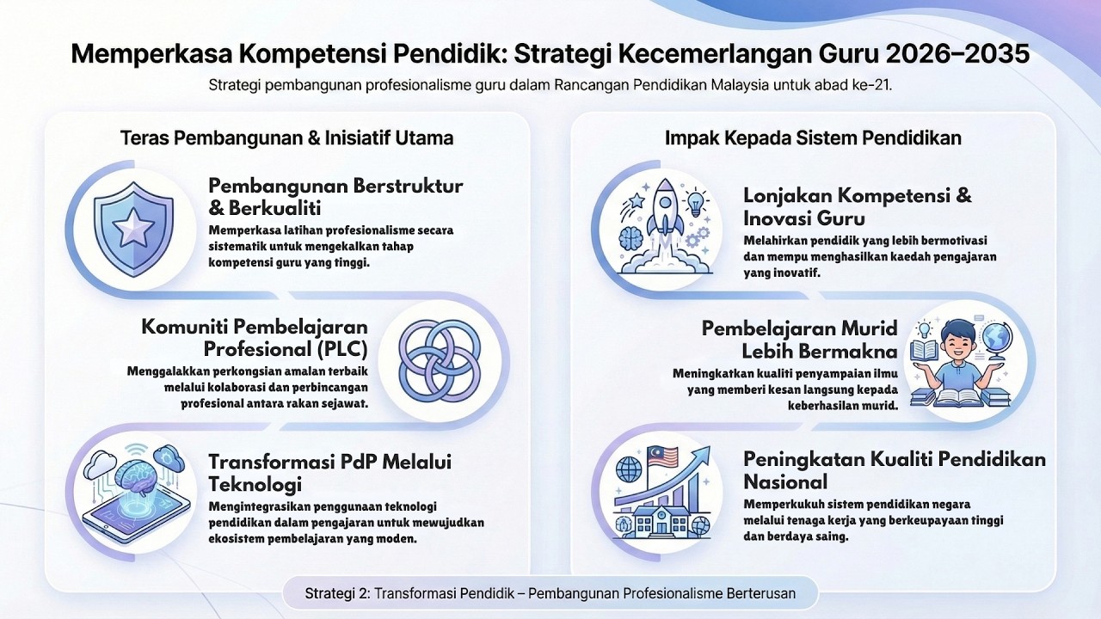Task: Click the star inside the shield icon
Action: tap(132, 229)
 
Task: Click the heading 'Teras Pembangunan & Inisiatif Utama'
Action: tap(286, 138)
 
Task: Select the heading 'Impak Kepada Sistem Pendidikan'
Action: tap(813, 138)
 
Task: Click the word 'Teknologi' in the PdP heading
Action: tap(255, 483)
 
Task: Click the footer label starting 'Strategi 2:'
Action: tap(550, 593)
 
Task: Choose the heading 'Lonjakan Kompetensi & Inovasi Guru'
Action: tap(857, 206)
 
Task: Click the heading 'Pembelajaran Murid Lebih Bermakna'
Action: tap(799, 340)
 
